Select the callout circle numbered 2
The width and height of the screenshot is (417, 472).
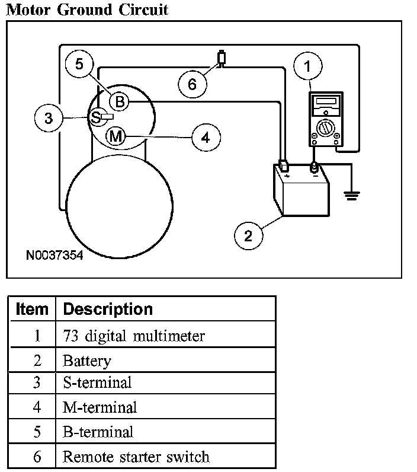[x=248, y=235]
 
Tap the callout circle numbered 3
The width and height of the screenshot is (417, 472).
[x=49, y=118]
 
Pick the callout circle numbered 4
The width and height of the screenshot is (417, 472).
[x=205, y=138]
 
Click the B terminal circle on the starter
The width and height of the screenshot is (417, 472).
[x=119, y=102]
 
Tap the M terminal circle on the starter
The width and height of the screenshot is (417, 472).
[x=116, y=136]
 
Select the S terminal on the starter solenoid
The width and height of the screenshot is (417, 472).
[x=95, y=117]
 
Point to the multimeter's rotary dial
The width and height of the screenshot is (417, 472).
[x=325, y=127]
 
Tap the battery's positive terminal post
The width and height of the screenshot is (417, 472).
[x=284, y=165]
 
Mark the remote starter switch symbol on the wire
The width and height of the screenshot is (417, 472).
[x=222, y=58]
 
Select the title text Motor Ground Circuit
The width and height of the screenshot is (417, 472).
[x=87, y=9]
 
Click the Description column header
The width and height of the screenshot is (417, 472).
[x=107, y=309]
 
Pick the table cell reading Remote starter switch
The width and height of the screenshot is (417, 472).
[x=136, y=457]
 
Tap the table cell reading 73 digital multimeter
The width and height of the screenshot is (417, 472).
[x=134, y=336]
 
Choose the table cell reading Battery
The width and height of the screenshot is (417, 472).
[x=86, y=360]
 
